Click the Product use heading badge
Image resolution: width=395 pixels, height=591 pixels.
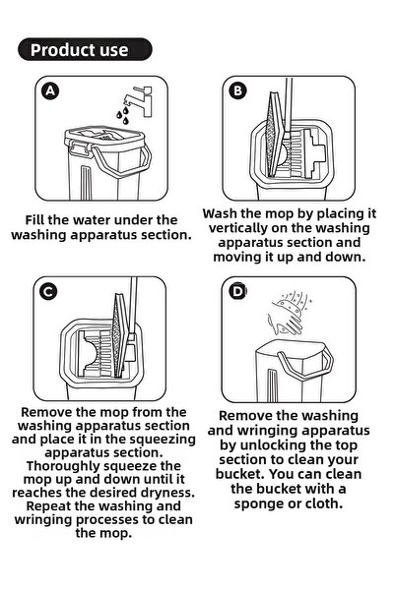[85, 49]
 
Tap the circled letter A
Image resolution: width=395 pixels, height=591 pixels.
[50, 91]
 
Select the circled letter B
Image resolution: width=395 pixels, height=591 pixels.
[238, 90]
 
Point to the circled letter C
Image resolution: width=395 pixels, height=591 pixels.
[48, 292]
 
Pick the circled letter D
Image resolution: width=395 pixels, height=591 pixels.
[238, 291]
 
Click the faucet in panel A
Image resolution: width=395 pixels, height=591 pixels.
[140, 100]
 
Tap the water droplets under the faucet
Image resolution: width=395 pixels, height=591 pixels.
[123, 115]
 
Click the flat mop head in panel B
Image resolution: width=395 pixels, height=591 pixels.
[275, 134]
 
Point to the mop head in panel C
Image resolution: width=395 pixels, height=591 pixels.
[120, 335]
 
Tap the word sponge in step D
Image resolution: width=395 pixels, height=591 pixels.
[262, 503]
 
